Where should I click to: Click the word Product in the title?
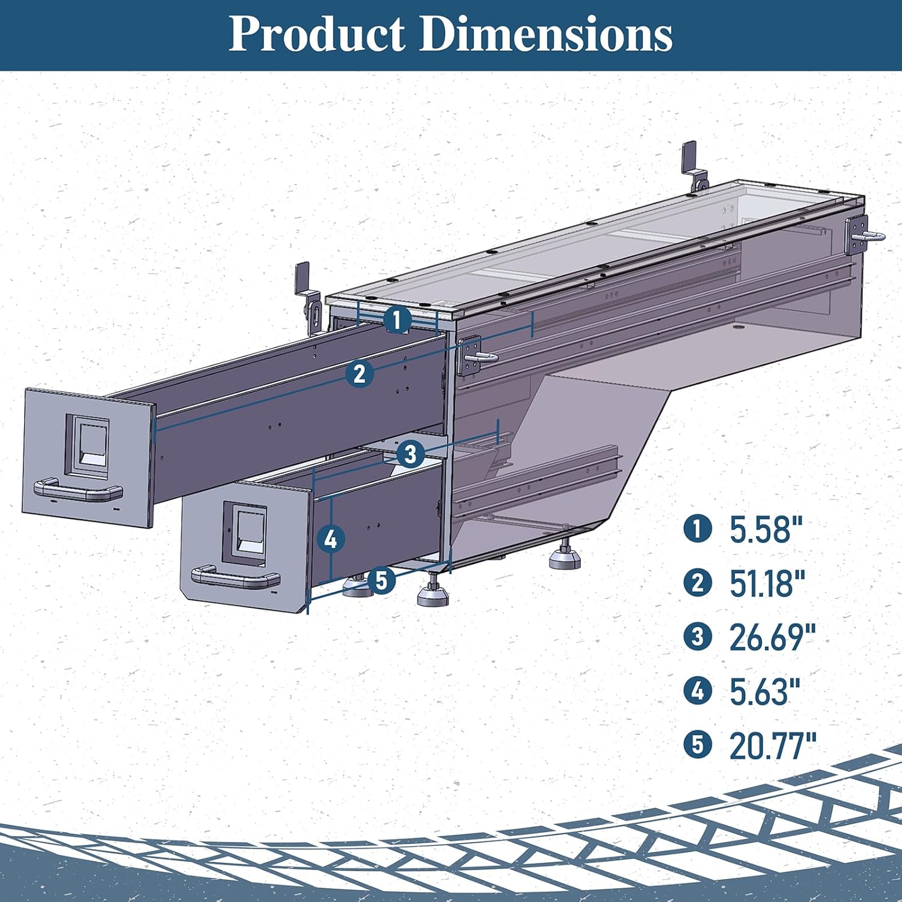316,34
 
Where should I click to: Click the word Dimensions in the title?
545,34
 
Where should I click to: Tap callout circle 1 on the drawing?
397,319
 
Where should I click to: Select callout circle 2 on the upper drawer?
360,373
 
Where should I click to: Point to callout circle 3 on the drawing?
410,453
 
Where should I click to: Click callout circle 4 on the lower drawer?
331,539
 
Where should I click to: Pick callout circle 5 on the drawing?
381,581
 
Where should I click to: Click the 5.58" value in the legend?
766,530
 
